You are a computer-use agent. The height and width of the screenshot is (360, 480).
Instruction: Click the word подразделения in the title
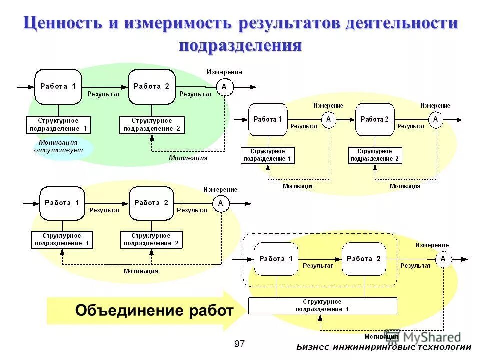[x=240, y=45]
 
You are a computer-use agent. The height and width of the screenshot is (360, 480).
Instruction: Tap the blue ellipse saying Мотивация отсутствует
[x=58, y=146]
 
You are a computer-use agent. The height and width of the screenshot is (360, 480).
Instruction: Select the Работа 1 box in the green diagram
[x=58, y=87]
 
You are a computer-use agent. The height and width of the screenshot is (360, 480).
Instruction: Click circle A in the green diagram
[x=224, y=87]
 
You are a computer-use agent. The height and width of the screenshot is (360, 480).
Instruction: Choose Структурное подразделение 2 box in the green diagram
[x=152, y=125]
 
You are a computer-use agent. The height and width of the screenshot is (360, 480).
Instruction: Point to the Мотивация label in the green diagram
[x=188, y=158]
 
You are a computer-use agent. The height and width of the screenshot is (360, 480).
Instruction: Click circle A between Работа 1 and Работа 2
[x=328, y=120]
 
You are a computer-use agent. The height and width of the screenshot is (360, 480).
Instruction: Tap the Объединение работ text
[x=154, y=311]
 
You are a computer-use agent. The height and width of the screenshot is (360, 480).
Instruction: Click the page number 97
[x=240, y=344]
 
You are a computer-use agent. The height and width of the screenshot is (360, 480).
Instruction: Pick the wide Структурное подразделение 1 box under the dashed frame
[x=322, y=306]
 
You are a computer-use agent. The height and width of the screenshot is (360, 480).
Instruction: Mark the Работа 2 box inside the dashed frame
[x=364, y=259]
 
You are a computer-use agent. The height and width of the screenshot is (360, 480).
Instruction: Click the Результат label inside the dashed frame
[x=318, y=266]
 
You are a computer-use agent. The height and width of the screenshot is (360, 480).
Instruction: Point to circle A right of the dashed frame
[x=443, y=259]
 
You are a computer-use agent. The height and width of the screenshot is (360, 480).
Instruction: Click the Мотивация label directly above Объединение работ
[x=141, y=271]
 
